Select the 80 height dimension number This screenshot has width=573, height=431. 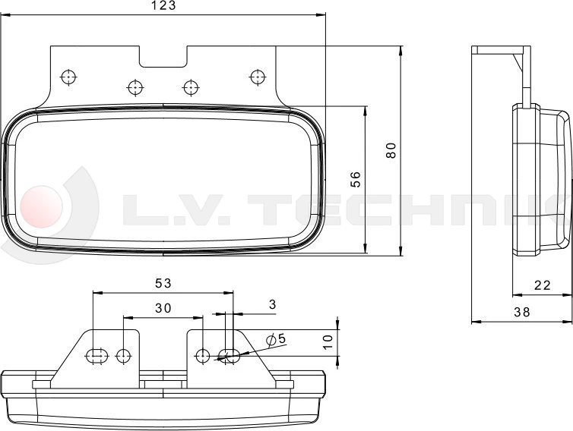pos(391,150)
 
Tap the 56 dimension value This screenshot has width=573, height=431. pos(355,179)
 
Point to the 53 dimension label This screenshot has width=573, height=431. pos(163,283)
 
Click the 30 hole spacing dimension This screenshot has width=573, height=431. pos(163,307)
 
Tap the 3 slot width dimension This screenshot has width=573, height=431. pos(273,304)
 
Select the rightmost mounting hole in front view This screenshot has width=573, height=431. pos(257,76)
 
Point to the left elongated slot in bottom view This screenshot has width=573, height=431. pos(95,354)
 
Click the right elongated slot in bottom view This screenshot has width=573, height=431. pos(229,354)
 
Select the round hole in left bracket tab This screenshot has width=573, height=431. pos(123,354)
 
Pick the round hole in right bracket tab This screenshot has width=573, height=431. pos(202,354)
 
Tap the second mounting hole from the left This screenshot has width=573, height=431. pos(135,87)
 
